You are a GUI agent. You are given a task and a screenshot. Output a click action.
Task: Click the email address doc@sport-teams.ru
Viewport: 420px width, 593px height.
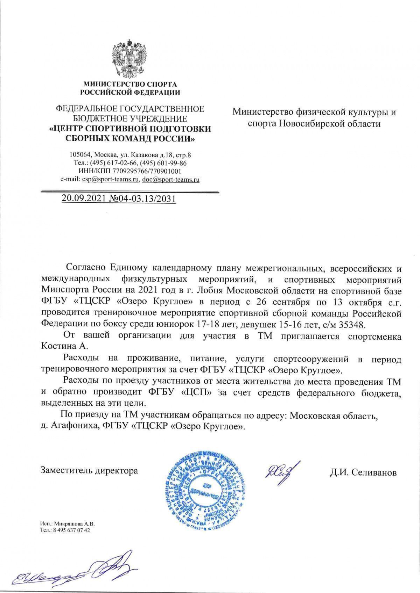click(x=171, y=180)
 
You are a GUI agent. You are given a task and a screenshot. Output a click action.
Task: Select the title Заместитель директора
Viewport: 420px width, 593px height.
click(x=89, y=471)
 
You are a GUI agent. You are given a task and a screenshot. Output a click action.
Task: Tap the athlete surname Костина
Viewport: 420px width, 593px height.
click(x=61, y=346)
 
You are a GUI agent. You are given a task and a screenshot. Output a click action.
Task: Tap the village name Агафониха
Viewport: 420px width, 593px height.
click(x=72, y=426)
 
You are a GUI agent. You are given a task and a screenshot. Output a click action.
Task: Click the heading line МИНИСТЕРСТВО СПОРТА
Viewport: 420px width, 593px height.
click(x=130, y=84)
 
